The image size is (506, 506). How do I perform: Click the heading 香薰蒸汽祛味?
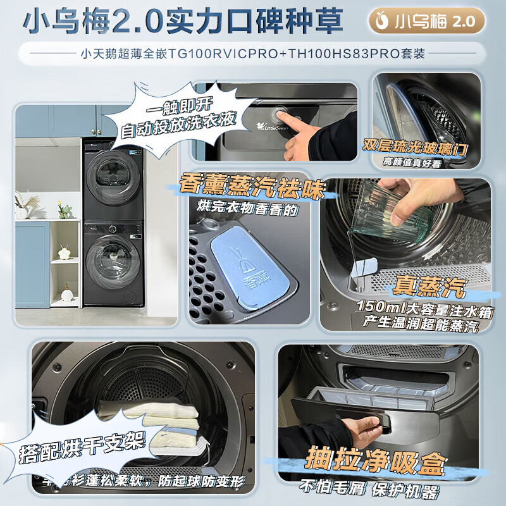[252, 187]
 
